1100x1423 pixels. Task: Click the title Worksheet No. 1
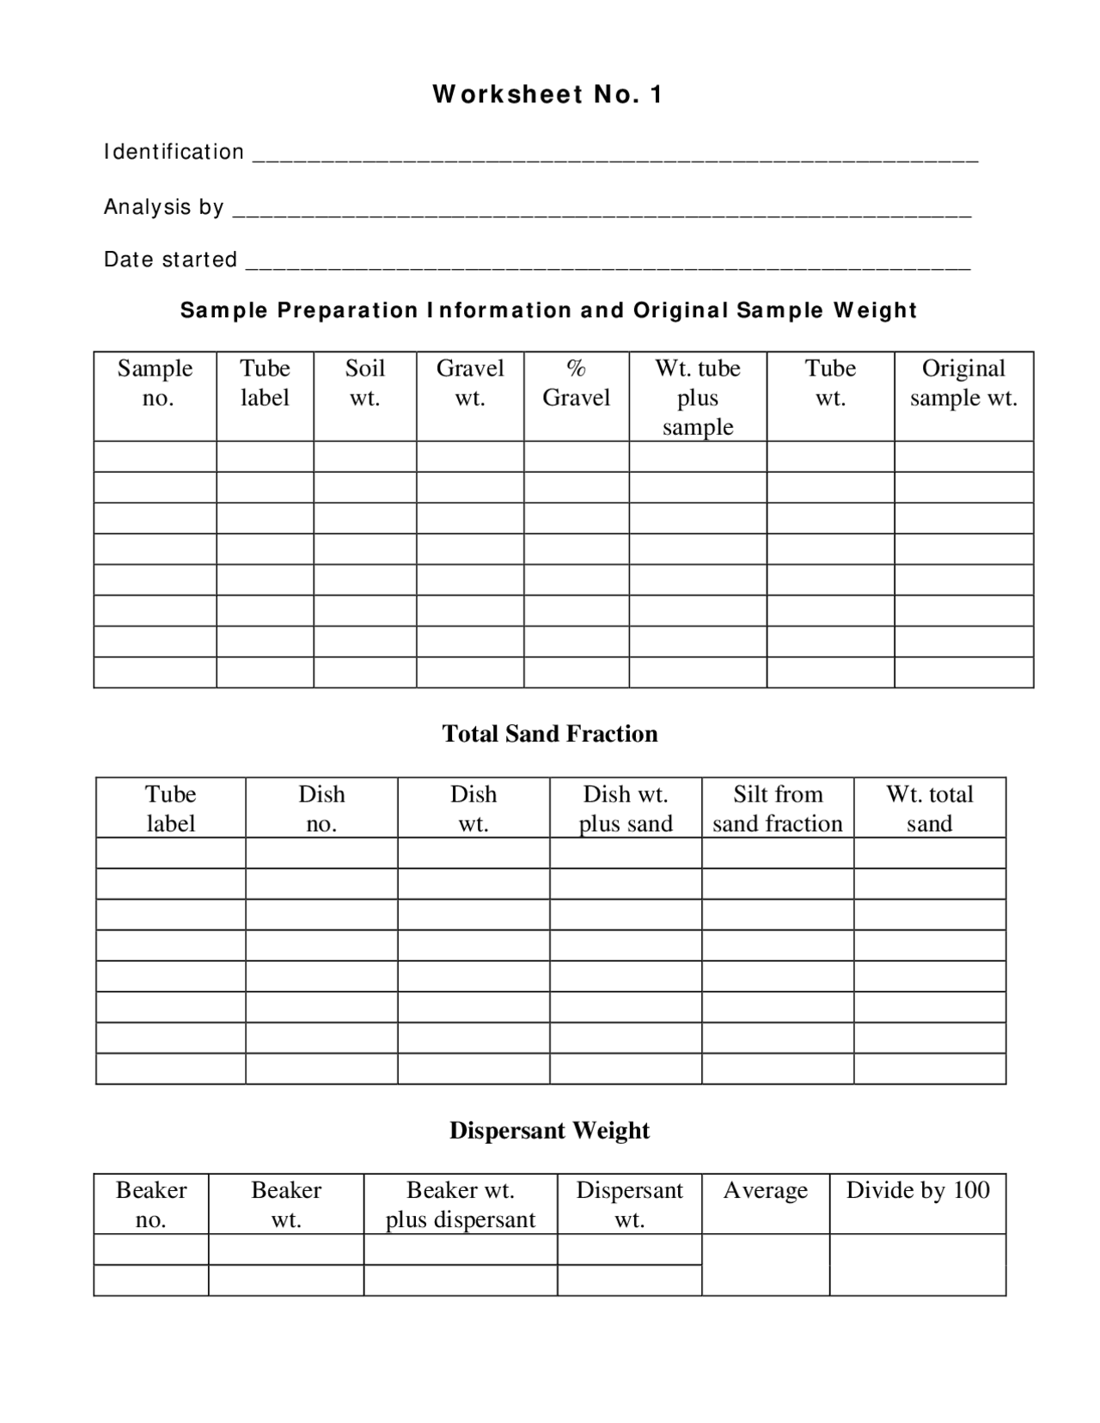547,95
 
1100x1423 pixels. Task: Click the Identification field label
174,152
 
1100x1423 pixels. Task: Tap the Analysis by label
163,207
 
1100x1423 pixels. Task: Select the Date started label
170,260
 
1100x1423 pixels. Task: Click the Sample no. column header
155,383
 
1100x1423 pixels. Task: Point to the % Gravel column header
576,383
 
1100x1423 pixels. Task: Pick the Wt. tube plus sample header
697,397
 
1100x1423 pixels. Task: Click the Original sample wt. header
963,383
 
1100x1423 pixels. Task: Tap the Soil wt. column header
364,383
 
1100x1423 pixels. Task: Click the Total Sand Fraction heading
549,733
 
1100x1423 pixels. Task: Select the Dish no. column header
321,809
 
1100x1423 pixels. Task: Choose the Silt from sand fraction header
777,809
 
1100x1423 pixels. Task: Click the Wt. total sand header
929,809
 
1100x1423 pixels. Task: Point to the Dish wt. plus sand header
625,809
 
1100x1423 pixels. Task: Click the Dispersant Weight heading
549,1130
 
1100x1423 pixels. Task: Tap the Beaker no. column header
151,1205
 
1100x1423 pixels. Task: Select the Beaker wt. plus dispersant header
460,1205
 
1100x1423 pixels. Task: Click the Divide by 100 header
917,1190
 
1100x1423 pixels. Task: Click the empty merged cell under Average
765,1265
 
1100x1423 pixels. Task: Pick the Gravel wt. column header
470,383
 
